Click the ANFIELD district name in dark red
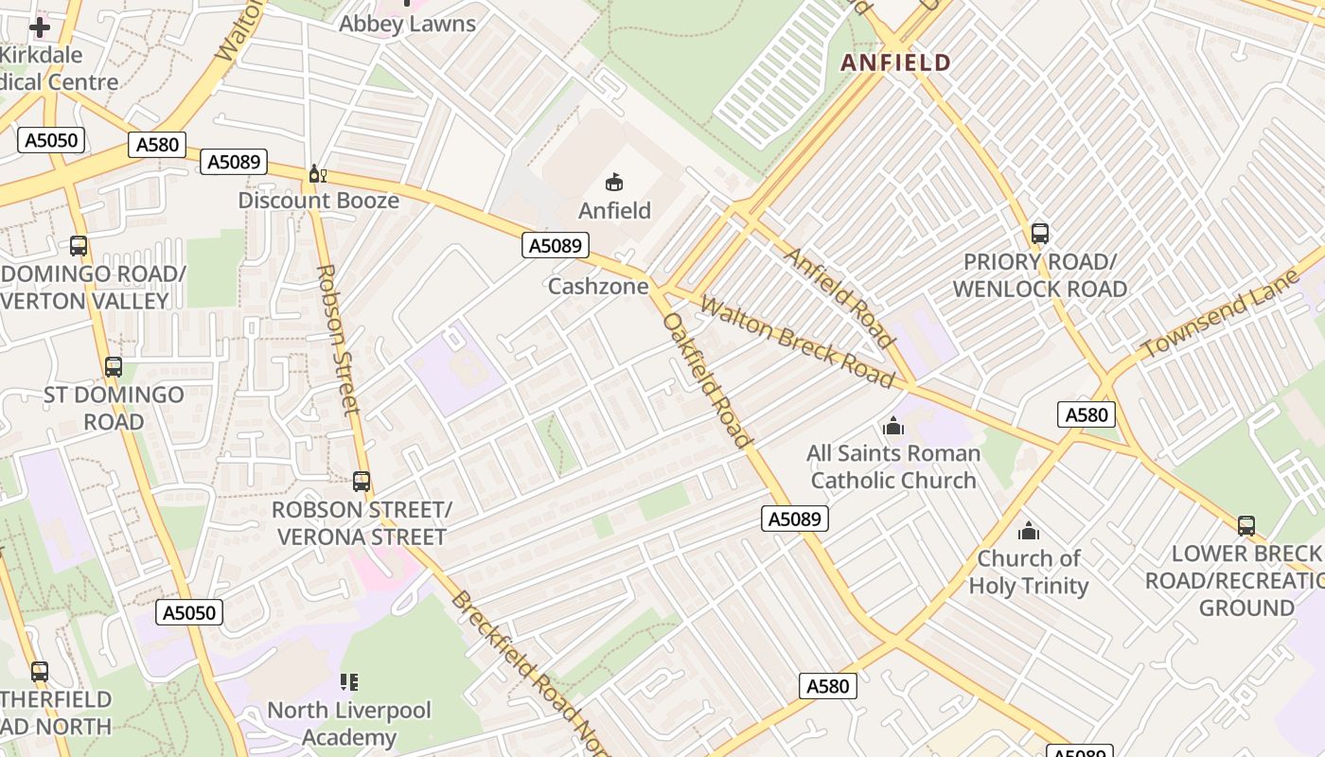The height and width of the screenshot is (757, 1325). coord(895,62)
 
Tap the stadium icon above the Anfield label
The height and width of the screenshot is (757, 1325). coord(614,182)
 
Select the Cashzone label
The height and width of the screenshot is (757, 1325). coord(598,286)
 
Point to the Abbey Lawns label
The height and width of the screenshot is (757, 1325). coord(407,24)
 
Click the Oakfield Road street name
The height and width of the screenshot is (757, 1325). coord(707,378)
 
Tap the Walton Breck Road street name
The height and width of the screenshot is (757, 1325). coord(797,343)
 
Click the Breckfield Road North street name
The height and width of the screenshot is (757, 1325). coord(530,672)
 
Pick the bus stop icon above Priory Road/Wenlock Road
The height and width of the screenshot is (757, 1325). coord(1039,233)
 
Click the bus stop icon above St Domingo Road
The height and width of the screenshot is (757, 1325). coord(114,366)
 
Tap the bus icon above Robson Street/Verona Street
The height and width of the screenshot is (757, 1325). coord(361,481)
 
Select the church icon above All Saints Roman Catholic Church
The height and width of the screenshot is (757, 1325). coord(892,426)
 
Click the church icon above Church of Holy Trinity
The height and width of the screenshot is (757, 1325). coord(1028,531)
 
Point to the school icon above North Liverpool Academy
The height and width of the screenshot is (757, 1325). coord(348,682)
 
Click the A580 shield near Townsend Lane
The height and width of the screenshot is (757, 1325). coord(1086,414)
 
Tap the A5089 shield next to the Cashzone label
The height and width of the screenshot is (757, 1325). coord(555,246)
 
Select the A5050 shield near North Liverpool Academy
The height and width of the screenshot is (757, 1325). coord(189,612)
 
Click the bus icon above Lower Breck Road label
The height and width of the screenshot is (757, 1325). coord(1245,525)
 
